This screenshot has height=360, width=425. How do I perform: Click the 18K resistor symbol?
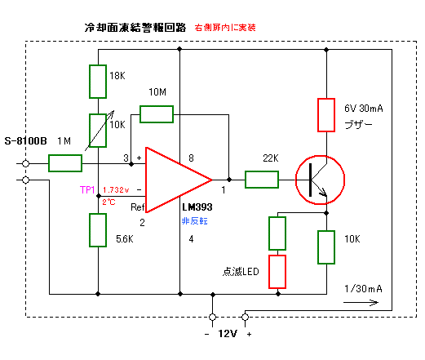pos(98,82)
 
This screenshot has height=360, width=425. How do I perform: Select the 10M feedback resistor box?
pos(157,114)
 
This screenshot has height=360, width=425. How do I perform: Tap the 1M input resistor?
pos(65,163)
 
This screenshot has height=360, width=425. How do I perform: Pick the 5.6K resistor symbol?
pos(98,230)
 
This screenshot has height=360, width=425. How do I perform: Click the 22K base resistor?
pos(262,180)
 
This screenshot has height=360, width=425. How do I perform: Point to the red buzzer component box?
pos(326,115)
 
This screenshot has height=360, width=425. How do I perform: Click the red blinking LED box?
pos(277,272)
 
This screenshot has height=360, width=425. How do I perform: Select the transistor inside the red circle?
pos(321,180)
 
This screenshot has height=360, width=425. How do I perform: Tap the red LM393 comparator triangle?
pos(179,180)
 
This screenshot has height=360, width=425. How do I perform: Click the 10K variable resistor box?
pos(98,131)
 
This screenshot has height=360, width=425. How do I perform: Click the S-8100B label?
pos(25,141)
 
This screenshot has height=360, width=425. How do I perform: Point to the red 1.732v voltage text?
pos(116,190)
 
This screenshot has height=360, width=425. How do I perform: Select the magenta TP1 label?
pos(87,189)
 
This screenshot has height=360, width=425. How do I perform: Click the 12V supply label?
pos(228,334)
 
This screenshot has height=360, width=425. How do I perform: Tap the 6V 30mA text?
pos(364,109)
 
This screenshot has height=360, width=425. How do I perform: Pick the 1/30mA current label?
pos(363,288)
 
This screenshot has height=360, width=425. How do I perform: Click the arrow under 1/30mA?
pos(361,302)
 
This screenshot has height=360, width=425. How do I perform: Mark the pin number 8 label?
pos(191,158)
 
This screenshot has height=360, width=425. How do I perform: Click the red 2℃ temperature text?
pos(108,202)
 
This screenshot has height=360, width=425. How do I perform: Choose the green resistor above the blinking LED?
pos(277,233)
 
